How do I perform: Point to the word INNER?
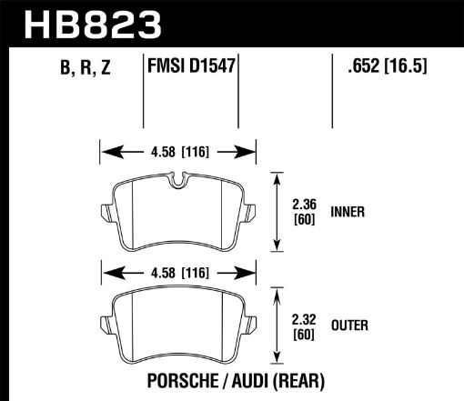pyautogui.click(x=348, y=212)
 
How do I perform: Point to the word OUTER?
pyautogui.click(x=350, y=323)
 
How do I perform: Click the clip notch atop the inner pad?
pyautogui.click(x=178, y=182)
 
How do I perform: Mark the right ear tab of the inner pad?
pyautogui.click(x=253, y=215)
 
